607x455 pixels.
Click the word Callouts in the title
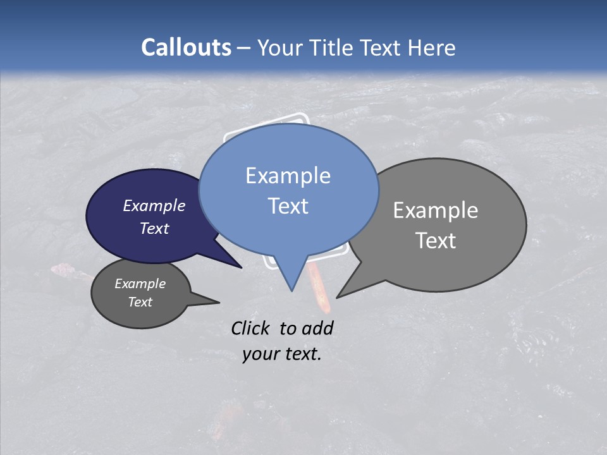pyautogui.click(x=186, y=47)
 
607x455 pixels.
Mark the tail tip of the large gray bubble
pyautogui.click(x=338, y=296)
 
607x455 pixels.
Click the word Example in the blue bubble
pyautogui.click(x=288, y=176)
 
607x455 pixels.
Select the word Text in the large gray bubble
pyautogui.click(x=436, y=241)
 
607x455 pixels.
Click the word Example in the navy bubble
pyautogui.click(x=154, y=205)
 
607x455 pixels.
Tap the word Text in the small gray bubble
pyautogui.click(x=140, y=302)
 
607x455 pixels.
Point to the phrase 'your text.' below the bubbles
pyautogui.click(x=282, y=354)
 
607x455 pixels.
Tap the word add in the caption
pyautogui.click(x=318, y=328)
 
